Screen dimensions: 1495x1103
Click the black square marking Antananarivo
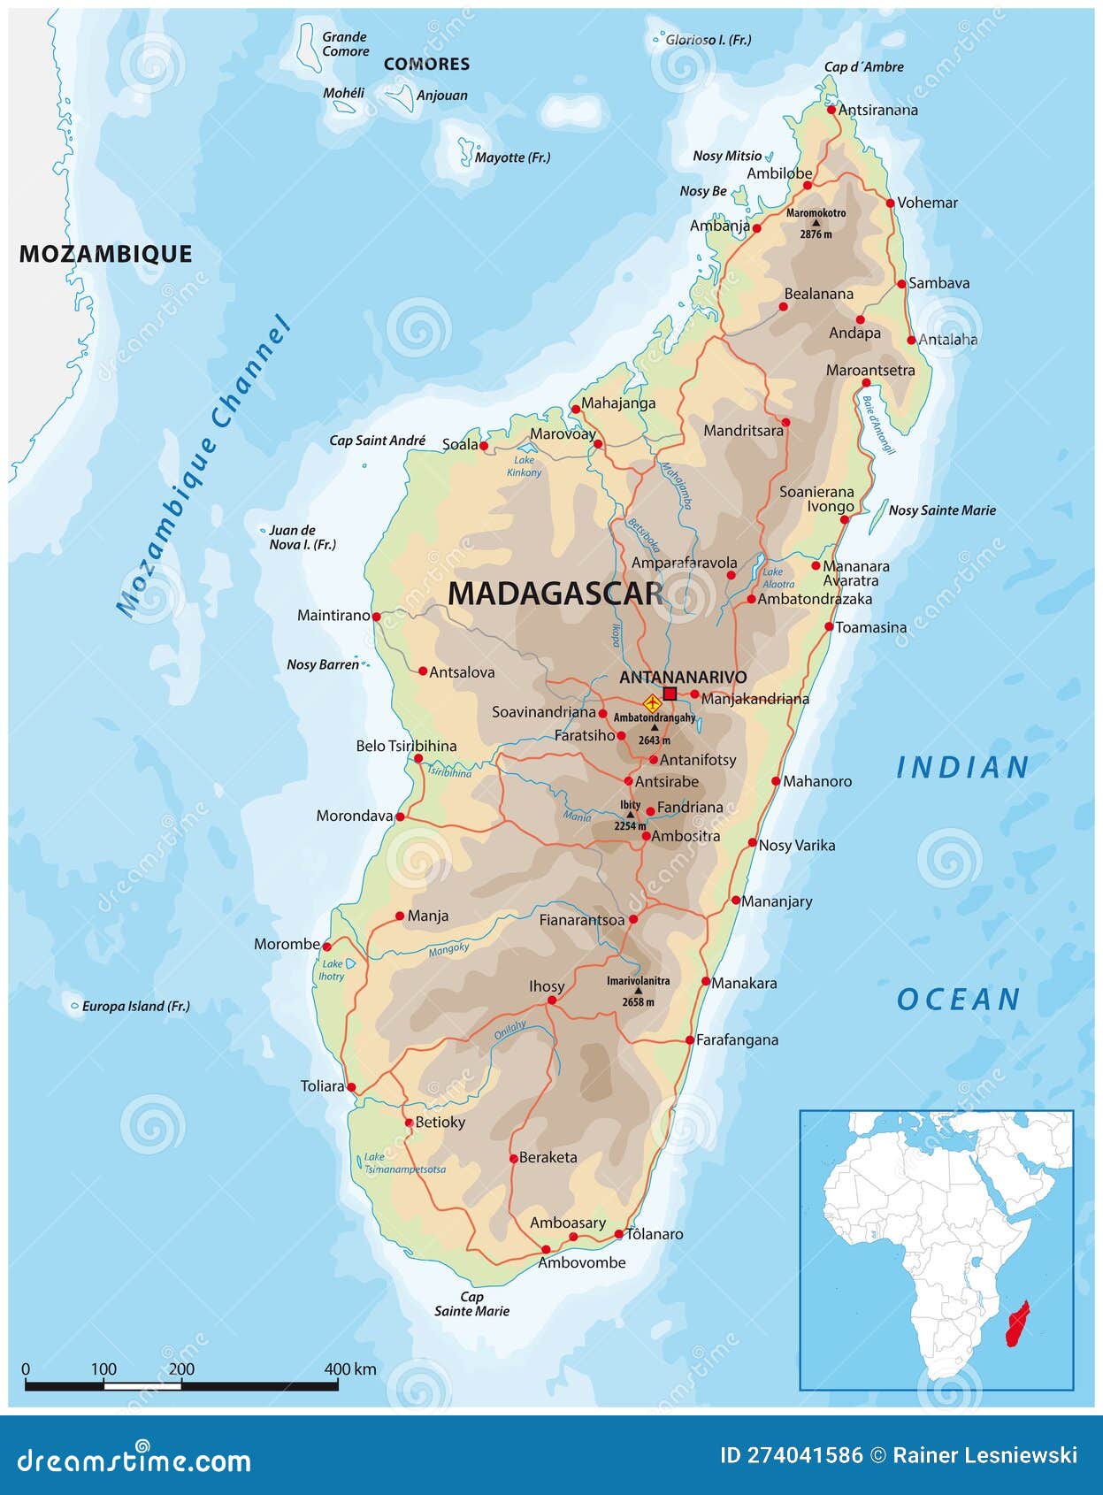click(670, 694)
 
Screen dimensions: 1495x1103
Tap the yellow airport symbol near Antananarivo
click(653, 704)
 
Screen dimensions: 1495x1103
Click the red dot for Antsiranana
click(831, 110)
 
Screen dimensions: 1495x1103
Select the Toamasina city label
click(870, 627)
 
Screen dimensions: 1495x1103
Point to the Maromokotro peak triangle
click(816, 223)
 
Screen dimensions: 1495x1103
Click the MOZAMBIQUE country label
click(106, 254)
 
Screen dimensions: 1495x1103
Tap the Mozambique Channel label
click(204, 464)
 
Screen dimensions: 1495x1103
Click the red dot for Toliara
click(351, 1087)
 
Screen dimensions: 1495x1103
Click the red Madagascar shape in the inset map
click(1019, 1323)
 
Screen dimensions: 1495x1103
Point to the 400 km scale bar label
click(350, 1369)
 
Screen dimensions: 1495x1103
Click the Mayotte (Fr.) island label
click(512, 157)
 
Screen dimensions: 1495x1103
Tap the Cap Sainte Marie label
click(471, 1304)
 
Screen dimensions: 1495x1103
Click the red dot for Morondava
click(400, 816)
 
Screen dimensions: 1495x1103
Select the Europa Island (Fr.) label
click(135, 1006)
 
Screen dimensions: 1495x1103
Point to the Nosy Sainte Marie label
click(942, 510)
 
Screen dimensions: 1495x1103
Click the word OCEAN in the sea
click(959, 1000)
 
